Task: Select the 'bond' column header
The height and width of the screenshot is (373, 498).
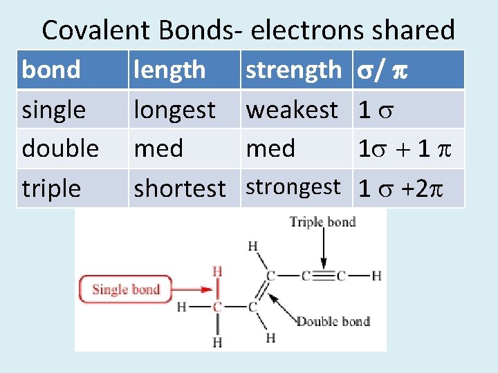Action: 50,70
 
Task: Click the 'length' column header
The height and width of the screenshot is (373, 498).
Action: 169,70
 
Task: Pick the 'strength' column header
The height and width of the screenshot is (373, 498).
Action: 293,70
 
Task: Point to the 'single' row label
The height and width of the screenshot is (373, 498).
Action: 54,109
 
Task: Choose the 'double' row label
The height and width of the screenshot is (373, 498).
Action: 60,148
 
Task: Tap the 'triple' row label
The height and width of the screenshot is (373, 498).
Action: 51,188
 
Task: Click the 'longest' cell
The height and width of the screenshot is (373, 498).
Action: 174,109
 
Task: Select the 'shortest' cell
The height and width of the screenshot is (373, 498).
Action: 180,188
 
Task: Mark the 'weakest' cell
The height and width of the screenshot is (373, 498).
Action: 292,109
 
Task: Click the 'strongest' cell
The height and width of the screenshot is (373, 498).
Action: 293,187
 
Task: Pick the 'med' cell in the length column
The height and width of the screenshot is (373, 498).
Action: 158,148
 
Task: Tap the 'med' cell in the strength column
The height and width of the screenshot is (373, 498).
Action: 270,148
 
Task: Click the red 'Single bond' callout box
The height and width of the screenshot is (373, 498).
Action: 126,289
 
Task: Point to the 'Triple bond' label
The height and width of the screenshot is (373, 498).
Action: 322,222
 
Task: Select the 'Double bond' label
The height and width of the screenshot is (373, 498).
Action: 333,321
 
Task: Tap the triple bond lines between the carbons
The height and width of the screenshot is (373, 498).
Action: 322,276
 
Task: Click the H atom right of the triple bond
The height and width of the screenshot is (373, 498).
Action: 376,276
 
